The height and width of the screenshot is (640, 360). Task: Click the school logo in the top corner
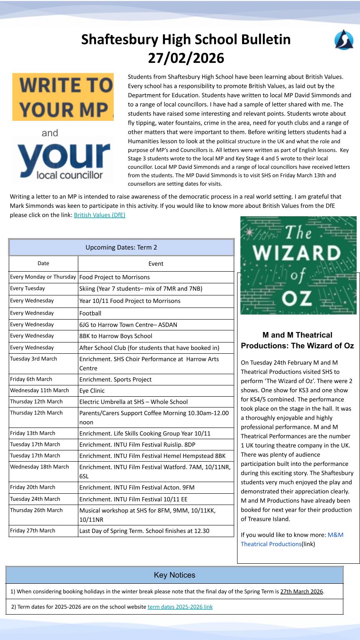coord(344,40)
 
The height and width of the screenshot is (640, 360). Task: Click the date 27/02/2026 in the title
coord(186,58)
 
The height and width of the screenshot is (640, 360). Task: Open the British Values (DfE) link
coord(100,215)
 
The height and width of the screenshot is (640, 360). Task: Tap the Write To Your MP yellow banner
coord(63,97)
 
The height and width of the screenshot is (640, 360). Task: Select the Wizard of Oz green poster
coord(298,265)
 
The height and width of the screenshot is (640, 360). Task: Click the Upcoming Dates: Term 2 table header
coord(121,247)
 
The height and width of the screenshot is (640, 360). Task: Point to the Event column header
coord(156,263)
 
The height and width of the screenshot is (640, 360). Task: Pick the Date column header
coord(43,263)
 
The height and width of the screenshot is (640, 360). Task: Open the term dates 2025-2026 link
coord(180,607)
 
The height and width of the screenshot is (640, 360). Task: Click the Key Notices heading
coord(174,575)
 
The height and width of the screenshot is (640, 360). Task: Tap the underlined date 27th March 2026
coord(302,591)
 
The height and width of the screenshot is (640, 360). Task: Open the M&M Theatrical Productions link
coord(292,539)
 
